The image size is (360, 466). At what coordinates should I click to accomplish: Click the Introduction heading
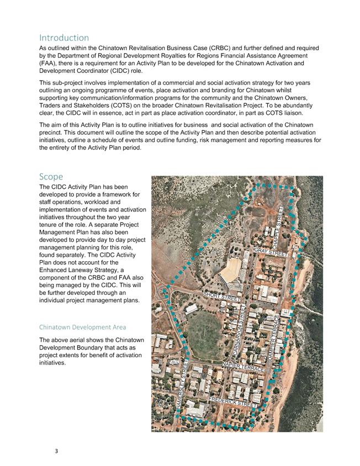64,38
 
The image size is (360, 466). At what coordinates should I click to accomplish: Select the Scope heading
51,177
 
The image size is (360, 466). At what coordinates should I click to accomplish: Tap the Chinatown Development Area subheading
82,327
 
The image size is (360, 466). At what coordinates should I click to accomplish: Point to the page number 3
56,451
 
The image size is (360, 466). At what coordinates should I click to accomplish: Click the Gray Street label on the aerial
270,252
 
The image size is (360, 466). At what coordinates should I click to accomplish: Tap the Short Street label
222,296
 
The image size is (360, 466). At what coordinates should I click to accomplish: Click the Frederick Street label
232,401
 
